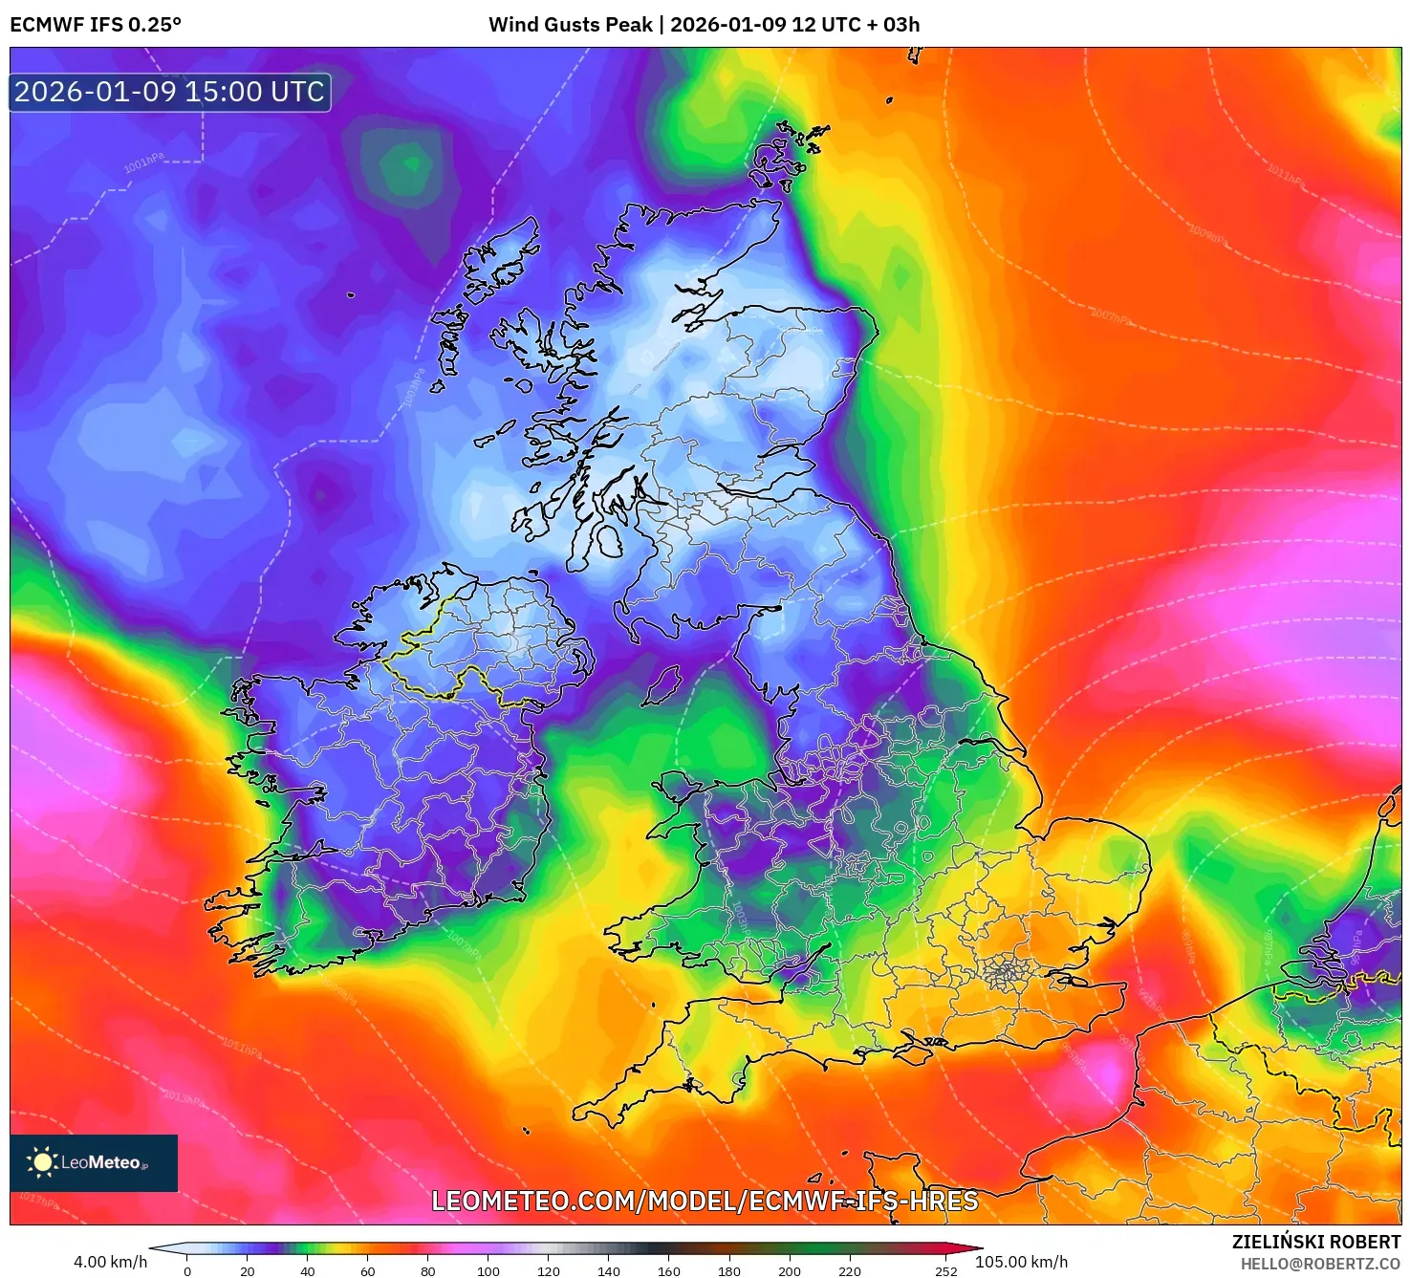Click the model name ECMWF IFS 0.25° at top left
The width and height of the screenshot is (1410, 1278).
pyautogui.click(x=96, y=25)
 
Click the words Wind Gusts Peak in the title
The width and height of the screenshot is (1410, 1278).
pyautogui.click(x=570, y=25)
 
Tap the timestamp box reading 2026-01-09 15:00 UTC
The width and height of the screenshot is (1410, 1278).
pyautogui.click(x=170, y=92)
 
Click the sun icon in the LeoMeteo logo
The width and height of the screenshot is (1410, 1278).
pyautogui.click(x=42, y=1162)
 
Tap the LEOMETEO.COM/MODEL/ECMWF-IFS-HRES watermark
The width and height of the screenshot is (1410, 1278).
pyautogui.click(x=705, y=1201)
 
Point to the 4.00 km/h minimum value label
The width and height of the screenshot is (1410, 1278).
pyautogui.click(x=110, y=1262)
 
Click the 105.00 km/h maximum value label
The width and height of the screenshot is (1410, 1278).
pyautogui.click(x=1021, y=1262)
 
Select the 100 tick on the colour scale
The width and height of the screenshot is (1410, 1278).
pyautogui.click(x=488, y=1271)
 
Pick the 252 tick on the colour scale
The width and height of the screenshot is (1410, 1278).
pyautogui.click(x=945, y=1271)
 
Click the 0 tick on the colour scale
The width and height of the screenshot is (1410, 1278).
pyautogui.click(x=187, y=1271)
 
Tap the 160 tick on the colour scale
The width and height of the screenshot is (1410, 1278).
pyautogui.click(x=668, y=1271)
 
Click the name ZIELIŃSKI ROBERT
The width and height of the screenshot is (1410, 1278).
pyautogui.click(x=1315, y=1242)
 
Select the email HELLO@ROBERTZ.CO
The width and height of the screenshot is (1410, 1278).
pyautogui.click(x=1320, y=1264)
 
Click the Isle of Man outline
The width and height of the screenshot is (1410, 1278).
pyautogui.click(x=661, y=685)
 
